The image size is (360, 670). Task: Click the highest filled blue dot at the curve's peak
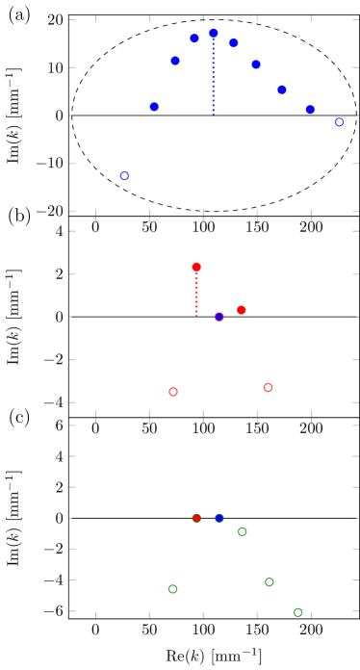[x=214, y=34]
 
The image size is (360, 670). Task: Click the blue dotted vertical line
[x=214, y=77]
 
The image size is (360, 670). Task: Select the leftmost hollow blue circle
[x=124, y=176]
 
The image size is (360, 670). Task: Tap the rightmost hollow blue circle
[x=339, y=122]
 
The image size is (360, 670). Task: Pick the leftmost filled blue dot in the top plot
[x=154, y=107]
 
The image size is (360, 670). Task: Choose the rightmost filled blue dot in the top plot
[x=310, y=110]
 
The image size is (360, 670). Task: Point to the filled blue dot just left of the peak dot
[x=194, y=39]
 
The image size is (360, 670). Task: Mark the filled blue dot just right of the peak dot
[x=233, y=42]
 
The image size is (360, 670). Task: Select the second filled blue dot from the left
[x=175, y=61]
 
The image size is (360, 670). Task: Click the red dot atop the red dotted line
[x=196, y=267]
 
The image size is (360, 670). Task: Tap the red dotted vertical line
[x=196, y=294]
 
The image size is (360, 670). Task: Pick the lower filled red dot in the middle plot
[x=241, y=310]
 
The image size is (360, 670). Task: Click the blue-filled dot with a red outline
[x=219, y=317]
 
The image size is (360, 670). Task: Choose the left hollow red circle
[x=173, y=392]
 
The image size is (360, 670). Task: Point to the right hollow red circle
[x=268, y=387]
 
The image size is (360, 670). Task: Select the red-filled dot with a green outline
[x=196, y=518]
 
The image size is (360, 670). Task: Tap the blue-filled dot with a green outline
[x=219, y=518]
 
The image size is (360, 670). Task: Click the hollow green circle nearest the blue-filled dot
[x=242, y=531]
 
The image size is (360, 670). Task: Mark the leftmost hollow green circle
[x=173, y=589]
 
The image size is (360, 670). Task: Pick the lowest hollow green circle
[x=297, y=612]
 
